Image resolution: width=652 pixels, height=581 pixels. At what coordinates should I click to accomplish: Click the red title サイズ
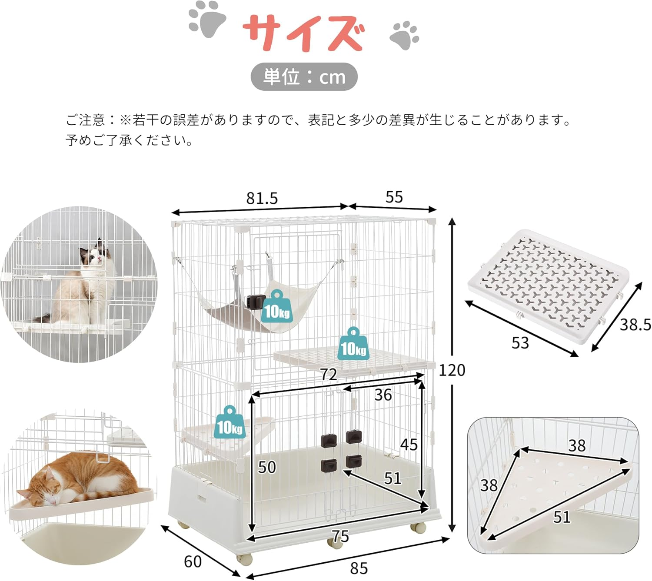tap(303, 33)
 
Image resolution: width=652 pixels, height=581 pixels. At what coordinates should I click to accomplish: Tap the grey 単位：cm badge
tap(304, 77)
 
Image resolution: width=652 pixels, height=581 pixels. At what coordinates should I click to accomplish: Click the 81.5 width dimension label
tap(262, 198)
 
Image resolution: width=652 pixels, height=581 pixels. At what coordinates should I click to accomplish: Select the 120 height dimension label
tap(452, 370)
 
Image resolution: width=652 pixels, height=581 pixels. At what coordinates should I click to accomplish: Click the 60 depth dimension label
tap(193, 561)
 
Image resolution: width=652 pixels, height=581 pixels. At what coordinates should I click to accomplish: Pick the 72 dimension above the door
tap(329, 375)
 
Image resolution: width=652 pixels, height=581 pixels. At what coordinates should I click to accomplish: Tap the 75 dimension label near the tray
tap(340, 537)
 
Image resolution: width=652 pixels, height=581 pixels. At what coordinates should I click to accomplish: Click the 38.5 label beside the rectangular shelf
tap(635, 325)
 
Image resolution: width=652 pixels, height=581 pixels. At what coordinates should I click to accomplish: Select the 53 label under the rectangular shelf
tap(520, 343)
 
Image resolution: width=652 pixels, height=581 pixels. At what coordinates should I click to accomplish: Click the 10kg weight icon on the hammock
tap(277, 306)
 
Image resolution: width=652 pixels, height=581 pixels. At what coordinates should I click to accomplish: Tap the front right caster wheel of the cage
tap(419, 528)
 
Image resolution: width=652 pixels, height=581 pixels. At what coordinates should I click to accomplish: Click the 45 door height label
tap(409, 445)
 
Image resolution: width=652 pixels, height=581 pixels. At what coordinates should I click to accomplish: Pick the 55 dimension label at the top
tap(394, 197)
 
